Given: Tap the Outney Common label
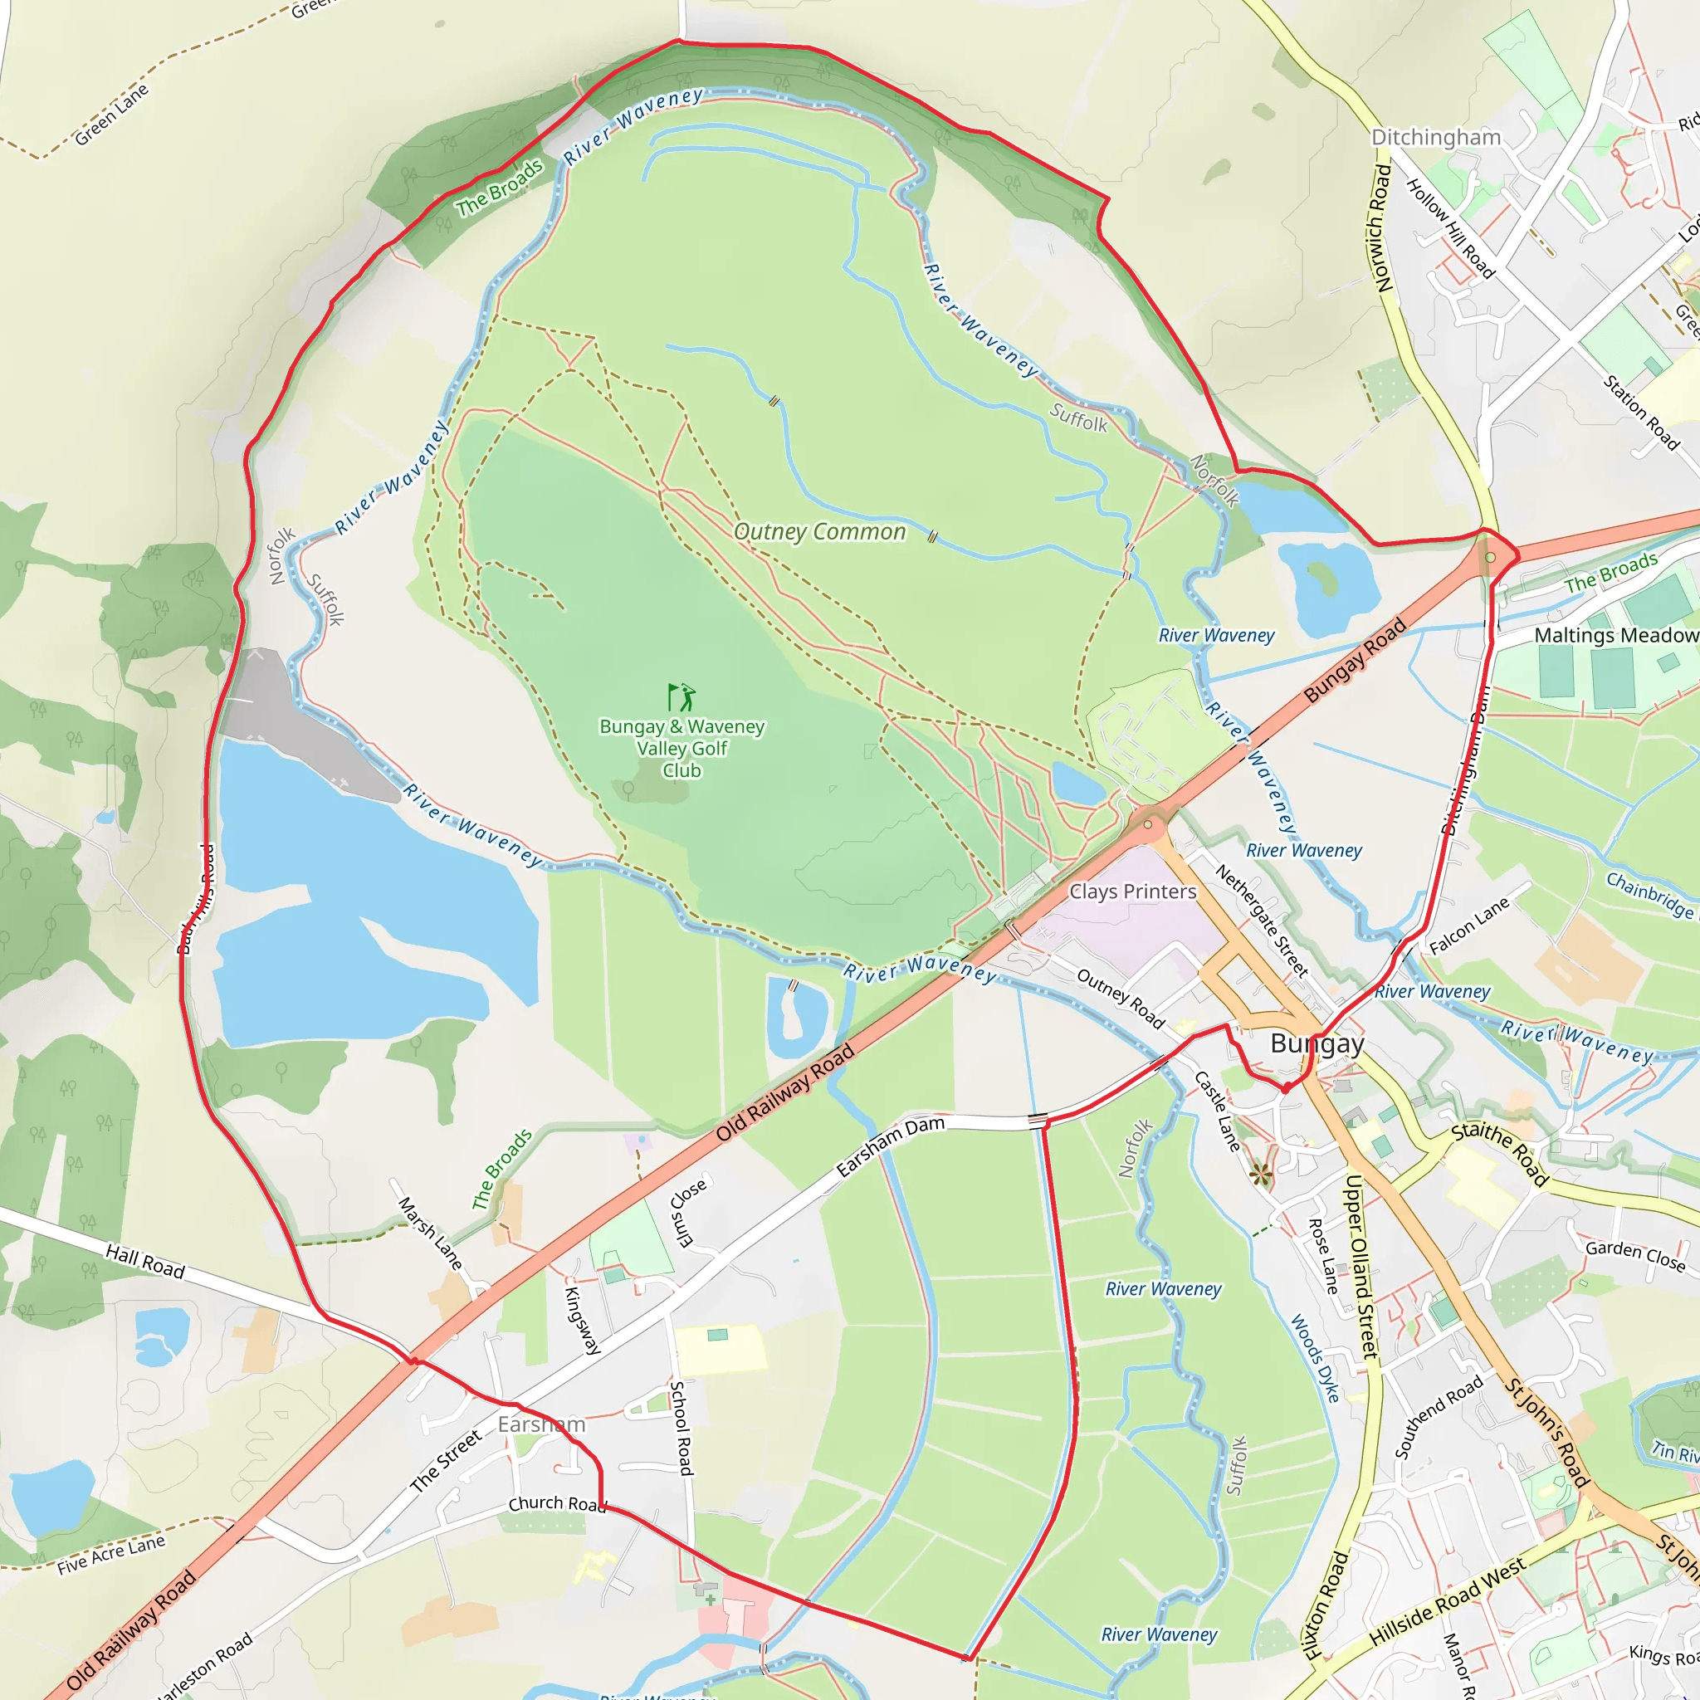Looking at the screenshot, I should tap(819, 531).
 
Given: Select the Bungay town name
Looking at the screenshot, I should tap(1317, 1043).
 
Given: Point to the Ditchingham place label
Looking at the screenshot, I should tap(1436, 137).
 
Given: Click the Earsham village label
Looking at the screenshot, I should tap(541, 1424).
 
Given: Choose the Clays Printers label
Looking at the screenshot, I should tap(1132, 892).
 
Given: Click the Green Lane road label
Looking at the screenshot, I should tap(112, 115).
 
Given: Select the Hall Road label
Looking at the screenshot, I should tap(145, 1262).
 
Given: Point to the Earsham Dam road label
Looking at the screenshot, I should tap(891, 1146).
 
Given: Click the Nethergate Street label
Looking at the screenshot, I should tap(1262, 921).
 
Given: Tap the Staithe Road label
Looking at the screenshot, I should tap(1499, 1154).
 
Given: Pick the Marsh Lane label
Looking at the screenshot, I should tap(429, 1232).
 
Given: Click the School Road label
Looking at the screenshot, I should tap(681, 1427).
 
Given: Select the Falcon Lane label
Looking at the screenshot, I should tap(1468, 926).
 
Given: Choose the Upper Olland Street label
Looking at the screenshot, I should tap(1360, 1266).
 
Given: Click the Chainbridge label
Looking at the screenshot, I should tap(1649, 894).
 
